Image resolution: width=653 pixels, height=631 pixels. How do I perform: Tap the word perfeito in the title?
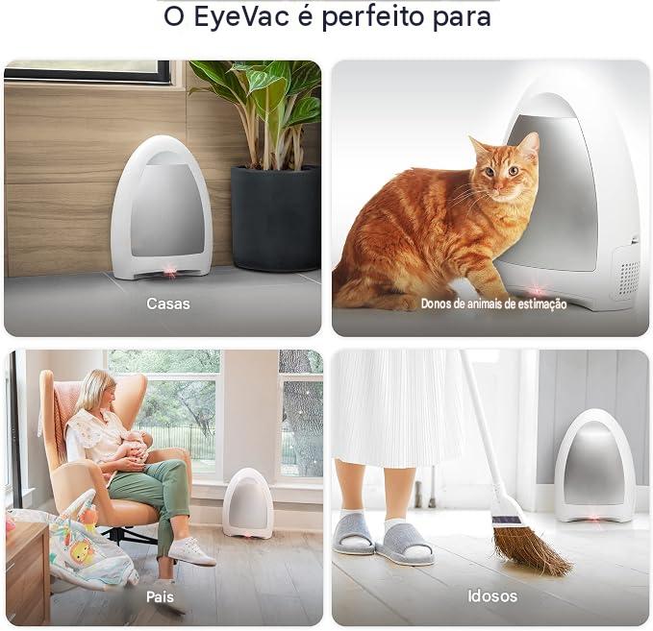373,17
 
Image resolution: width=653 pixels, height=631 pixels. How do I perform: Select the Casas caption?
168,303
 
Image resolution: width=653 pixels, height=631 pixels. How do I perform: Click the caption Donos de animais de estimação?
493,304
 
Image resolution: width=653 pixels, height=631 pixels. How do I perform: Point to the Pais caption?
160,596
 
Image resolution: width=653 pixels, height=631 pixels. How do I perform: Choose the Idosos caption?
492,596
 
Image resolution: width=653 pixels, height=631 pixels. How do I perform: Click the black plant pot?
276,218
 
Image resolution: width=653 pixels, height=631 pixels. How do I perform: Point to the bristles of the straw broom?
532,549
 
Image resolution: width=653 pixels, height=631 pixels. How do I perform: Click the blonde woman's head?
97,391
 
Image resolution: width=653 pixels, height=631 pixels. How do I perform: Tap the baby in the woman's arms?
133,449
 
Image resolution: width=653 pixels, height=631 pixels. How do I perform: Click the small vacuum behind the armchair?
248,503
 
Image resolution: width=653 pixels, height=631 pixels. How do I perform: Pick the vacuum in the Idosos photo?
594,467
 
